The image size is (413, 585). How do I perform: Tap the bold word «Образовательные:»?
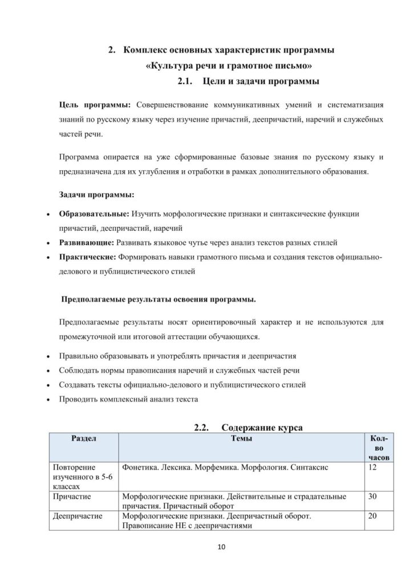(x=94, y=214)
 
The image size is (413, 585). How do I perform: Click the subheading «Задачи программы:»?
(x=96, y=194)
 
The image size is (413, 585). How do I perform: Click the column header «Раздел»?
(x=83, y=439)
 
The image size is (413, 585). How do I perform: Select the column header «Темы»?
(x=243, y=439)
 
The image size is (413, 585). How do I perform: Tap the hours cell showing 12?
(x=374, y=468)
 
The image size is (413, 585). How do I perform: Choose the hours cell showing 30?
(x=374, y=496)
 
